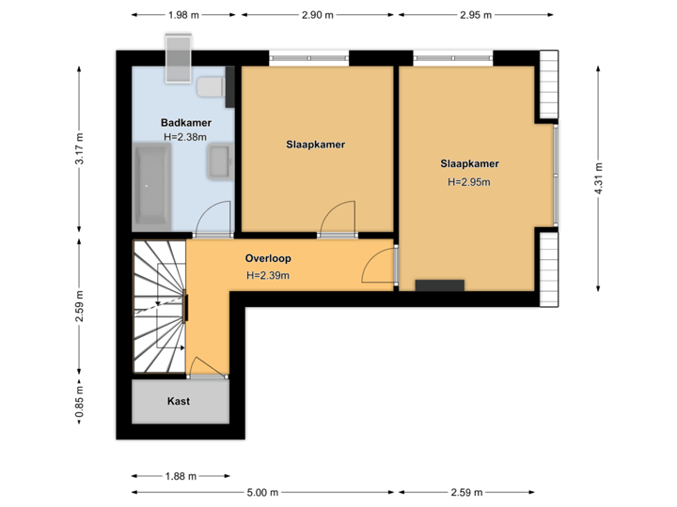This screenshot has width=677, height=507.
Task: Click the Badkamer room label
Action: [185, 123]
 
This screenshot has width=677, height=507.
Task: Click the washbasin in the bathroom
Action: [220, 162]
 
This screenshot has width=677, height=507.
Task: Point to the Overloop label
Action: [268, 258]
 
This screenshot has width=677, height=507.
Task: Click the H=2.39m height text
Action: [268, 276]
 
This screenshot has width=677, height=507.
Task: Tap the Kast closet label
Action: [179, 401]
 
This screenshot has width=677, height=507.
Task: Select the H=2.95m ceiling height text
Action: [469, 182]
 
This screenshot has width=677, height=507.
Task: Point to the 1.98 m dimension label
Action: [182, 15]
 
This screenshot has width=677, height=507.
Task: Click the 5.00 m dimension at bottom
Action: [262, 492]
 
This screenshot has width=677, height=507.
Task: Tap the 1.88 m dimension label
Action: [181, 476]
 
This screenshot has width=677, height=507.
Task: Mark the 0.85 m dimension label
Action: [80, 401]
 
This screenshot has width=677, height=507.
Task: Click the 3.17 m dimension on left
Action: [80, 149]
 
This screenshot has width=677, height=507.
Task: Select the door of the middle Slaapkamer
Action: [336, 218]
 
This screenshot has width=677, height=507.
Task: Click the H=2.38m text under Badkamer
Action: [185, 137]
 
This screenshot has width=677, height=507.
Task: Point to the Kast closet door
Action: [207, 367]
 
